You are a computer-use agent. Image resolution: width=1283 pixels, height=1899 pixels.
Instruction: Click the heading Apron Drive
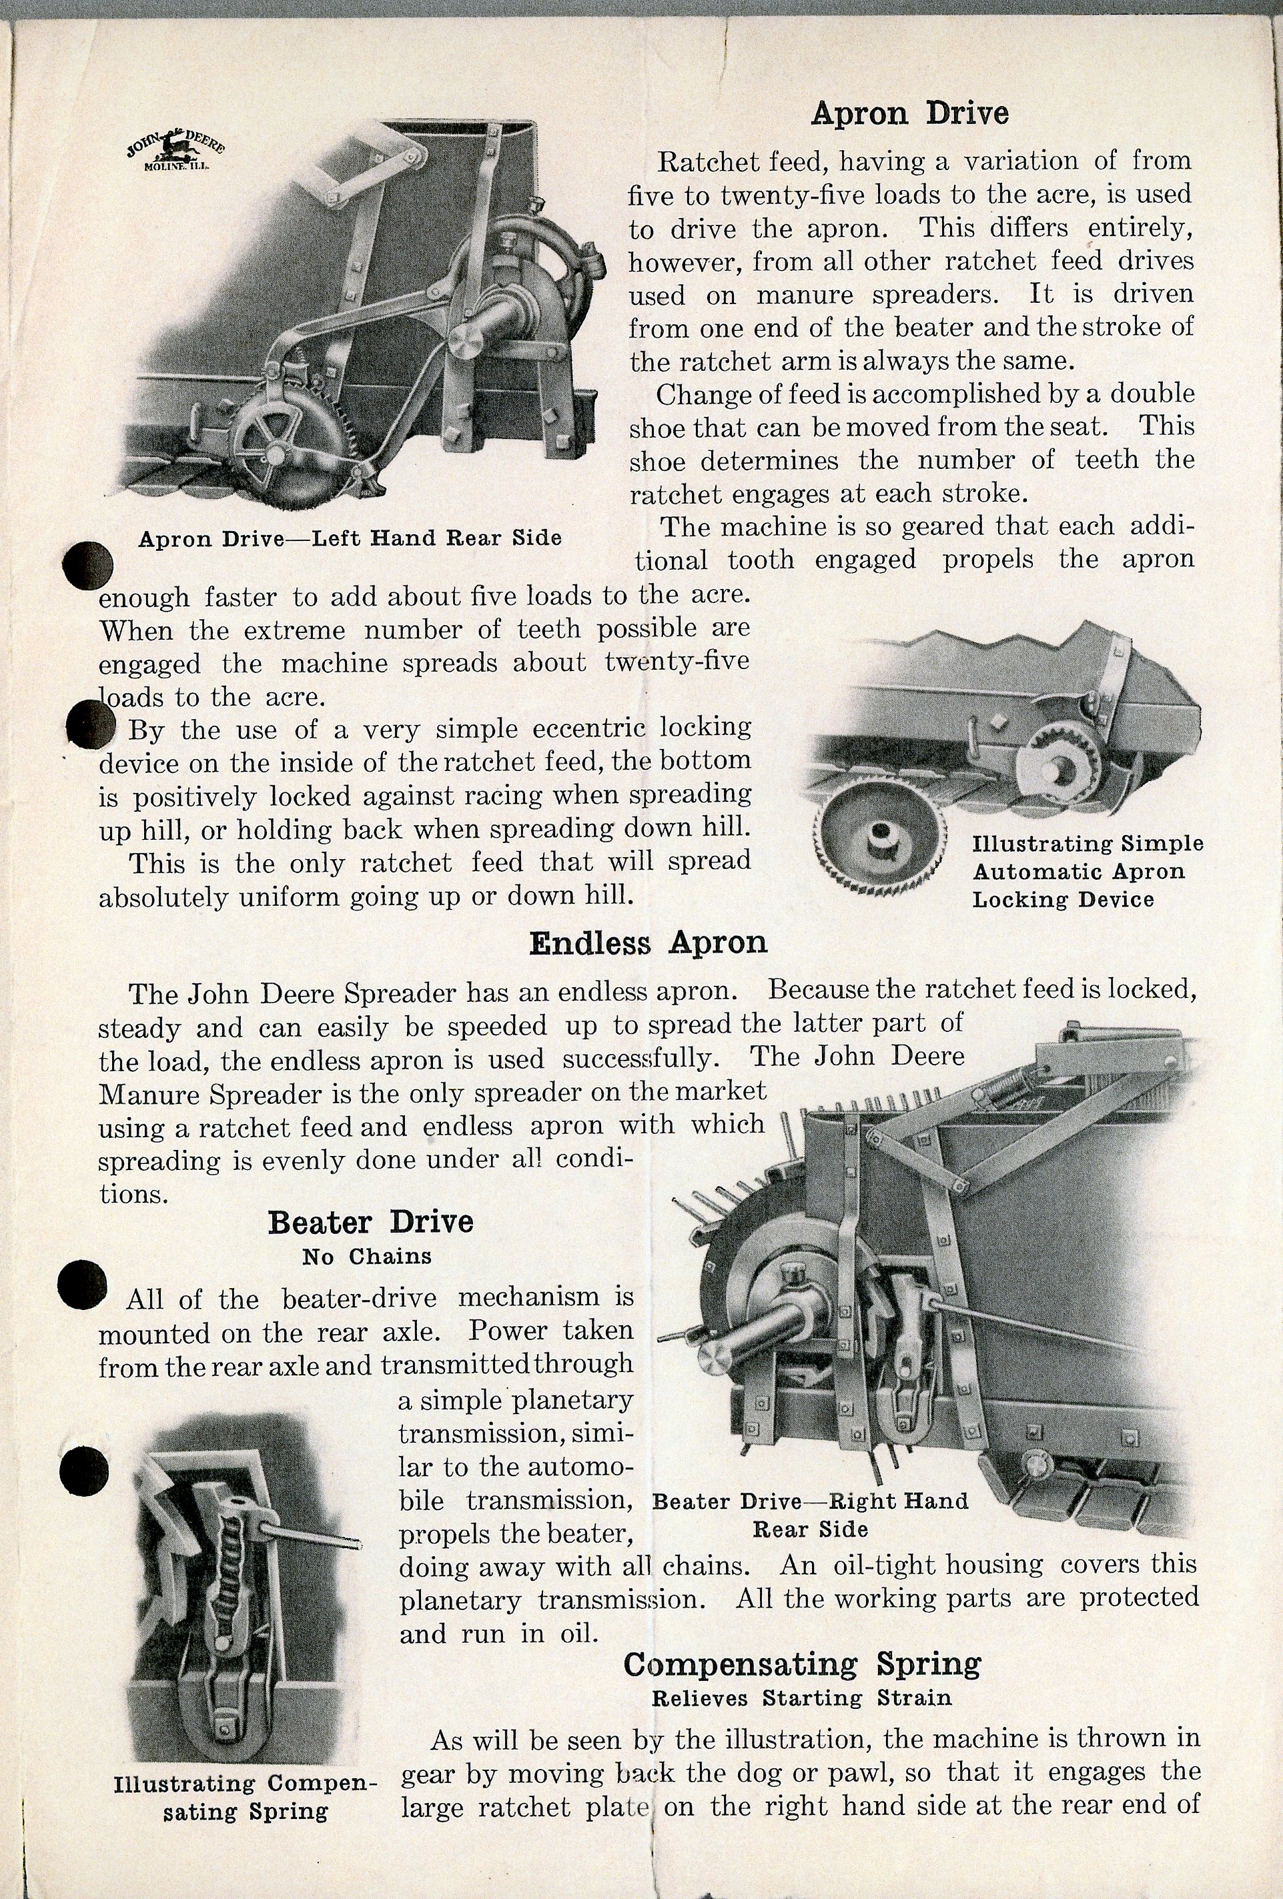coord(909,113)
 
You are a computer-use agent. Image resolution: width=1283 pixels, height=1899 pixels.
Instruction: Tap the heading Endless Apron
coord(647,943)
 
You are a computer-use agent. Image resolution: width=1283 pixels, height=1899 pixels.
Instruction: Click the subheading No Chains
coord(366,1256)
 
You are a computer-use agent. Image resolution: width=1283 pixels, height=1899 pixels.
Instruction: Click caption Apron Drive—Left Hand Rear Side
coord(350,538)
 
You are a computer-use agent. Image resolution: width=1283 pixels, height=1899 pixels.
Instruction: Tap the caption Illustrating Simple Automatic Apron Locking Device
coord(1087,871)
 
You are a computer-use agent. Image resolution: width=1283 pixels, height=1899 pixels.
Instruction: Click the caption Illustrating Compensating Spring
coord(245,1797)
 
